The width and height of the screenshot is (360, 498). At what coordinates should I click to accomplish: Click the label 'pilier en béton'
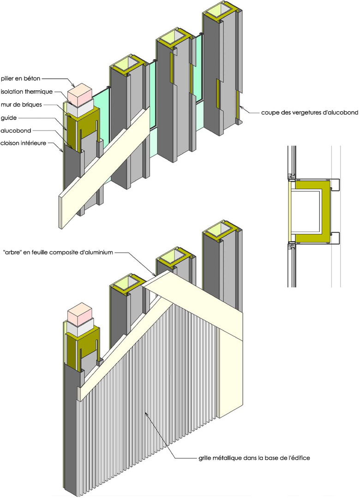22,79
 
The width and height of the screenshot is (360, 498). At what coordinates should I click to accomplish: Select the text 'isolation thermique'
26,92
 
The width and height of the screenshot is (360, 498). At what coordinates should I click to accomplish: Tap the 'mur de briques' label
22,105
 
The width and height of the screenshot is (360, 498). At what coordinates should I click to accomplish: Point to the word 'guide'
9,118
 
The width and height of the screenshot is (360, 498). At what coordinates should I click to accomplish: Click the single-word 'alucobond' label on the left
16,130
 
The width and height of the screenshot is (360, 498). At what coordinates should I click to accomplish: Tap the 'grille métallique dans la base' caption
252,458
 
